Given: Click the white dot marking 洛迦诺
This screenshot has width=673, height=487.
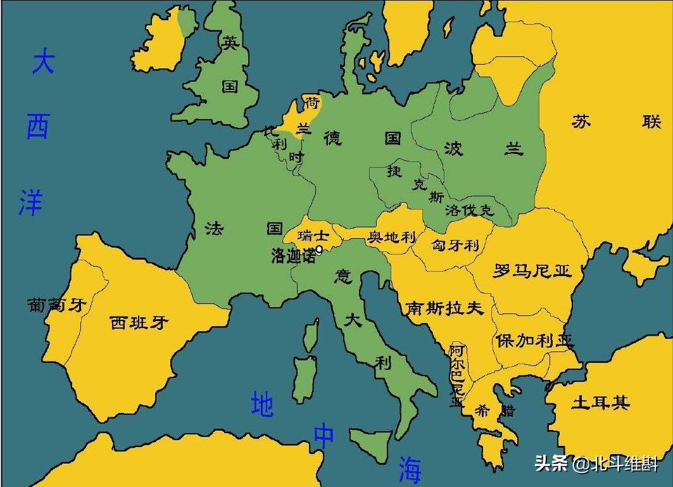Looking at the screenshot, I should tap(319, 250).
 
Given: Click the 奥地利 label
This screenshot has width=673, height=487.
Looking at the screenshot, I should tap(393, 237).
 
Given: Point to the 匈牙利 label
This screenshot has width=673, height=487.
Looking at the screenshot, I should tap(455, 245).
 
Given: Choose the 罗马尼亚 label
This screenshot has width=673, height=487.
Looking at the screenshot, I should tap(532, 271).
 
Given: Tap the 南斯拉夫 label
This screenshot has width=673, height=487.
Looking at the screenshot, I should tap(444, 308).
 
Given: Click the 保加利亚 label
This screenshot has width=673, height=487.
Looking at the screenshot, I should tap(534, 340).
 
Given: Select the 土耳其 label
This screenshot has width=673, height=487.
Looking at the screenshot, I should tap(600, 402).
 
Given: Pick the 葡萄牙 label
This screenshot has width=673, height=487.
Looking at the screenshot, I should tap(56, 305).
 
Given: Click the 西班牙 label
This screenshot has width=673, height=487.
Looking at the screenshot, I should tap(139, 322).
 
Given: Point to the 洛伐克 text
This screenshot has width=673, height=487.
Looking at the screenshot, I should tap(469, 210).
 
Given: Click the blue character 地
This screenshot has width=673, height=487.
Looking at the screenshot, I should tap(262, 405).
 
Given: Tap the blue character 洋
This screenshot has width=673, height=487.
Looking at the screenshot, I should tap(30, 201).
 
